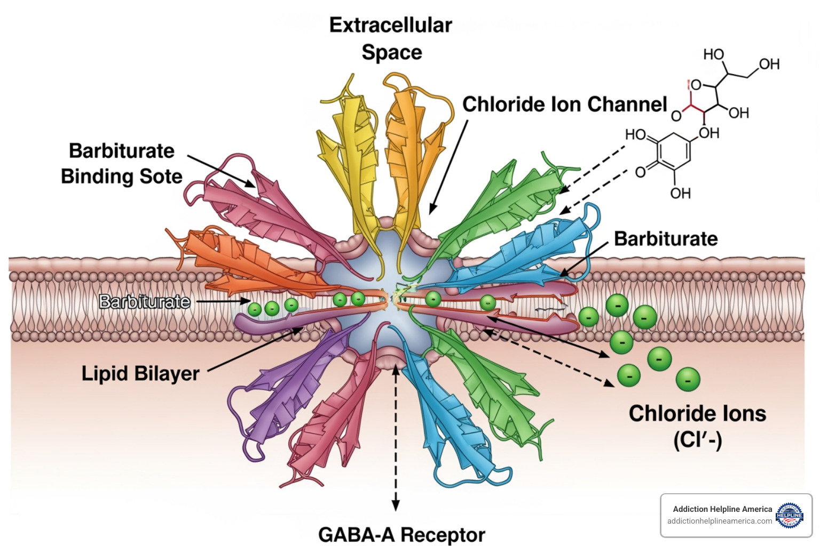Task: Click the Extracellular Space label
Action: tap(391, 39)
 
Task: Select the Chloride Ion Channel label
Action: tap(564, 105)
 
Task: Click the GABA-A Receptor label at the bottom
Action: tap(401, 534)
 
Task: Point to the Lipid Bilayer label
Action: tap(140, 373)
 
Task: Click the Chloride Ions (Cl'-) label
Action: tap(697, 427)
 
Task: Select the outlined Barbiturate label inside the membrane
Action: tap(145, 302)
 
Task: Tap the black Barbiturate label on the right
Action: tap(666, 238)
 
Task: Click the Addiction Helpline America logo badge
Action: tap(789, 515)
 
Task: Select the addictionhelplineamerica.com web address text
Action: tap(719, 521)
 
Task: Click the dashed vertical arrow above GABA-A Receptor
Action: tap(396, 437)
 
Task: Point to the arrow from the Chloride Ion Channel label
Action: tap(448, 165)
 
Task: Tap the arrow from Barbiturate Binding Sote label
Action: tap(222, 171)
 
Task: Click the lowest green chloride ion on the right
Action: tap(688, 380)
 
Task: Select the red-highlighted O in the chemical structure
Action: tap(695, 85)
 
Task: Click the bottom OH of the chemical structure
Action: tap(680, 193)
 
